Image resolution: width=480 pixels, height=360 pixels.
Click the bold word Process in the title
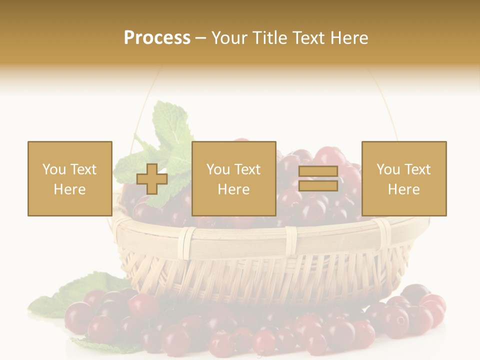coord(157,38)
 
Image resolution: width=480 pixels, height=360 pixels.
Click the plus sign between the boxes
coord(152,179)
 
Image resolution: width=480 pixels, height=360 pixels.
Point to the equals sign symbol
coord(318,178)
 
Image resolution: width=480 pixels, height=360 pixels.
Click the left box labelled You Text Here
coord(69,178)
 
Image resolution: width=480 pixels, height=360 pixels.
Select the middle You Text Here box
coord(233,178)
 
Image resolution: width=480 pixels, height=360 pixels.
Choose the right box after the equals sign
coord(403,178)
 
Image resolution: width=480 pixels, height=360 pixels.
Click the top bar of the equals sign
coord(318,172)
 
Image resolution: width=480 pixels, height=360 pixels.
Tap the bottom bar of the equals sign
coord(318,185)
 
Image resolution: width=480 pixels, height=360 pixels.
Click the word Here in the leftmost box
coord(69,189)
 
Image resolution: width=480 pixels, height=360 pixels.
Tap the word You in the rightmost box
coord(388,169)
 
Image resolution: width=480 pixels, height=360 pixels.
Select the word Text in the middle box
coord(248,169)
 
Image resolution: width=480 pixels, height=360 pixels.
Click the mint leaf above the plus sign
coord(170,125)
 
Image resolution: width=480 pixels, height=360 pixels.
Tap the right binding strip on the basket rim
coord(384,232)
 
